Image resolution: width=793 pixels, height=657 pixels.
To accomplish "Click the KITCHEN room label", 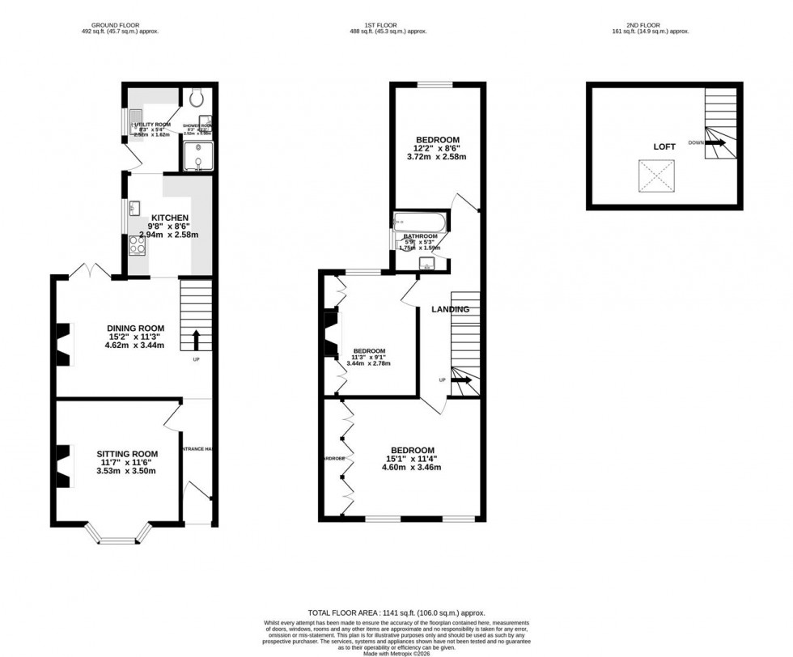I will click(x=170, y=218).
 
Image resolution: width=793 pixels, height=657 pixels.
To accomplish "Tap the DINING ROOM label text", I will click(x=129, y=328).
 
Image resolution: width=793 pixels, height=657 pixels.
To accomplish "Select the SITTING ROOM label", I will click(x=127, y=454).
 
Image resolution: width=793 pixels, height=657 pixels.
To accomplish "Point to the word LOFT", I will click(x=664, y=148).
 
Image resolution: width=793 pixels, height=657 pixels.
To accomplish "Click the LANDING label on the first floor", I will click(x=450, y=309).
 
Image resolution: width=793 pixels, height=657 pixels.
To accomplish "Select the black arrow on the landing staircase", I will click(x=463, y=379).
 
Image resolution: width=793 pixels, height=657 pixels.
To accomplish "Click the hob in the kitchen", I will click(x=135, y=244).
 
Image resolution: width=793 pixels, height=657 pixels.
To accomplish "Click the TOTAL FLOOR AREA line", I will click(x=396, y=614).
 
